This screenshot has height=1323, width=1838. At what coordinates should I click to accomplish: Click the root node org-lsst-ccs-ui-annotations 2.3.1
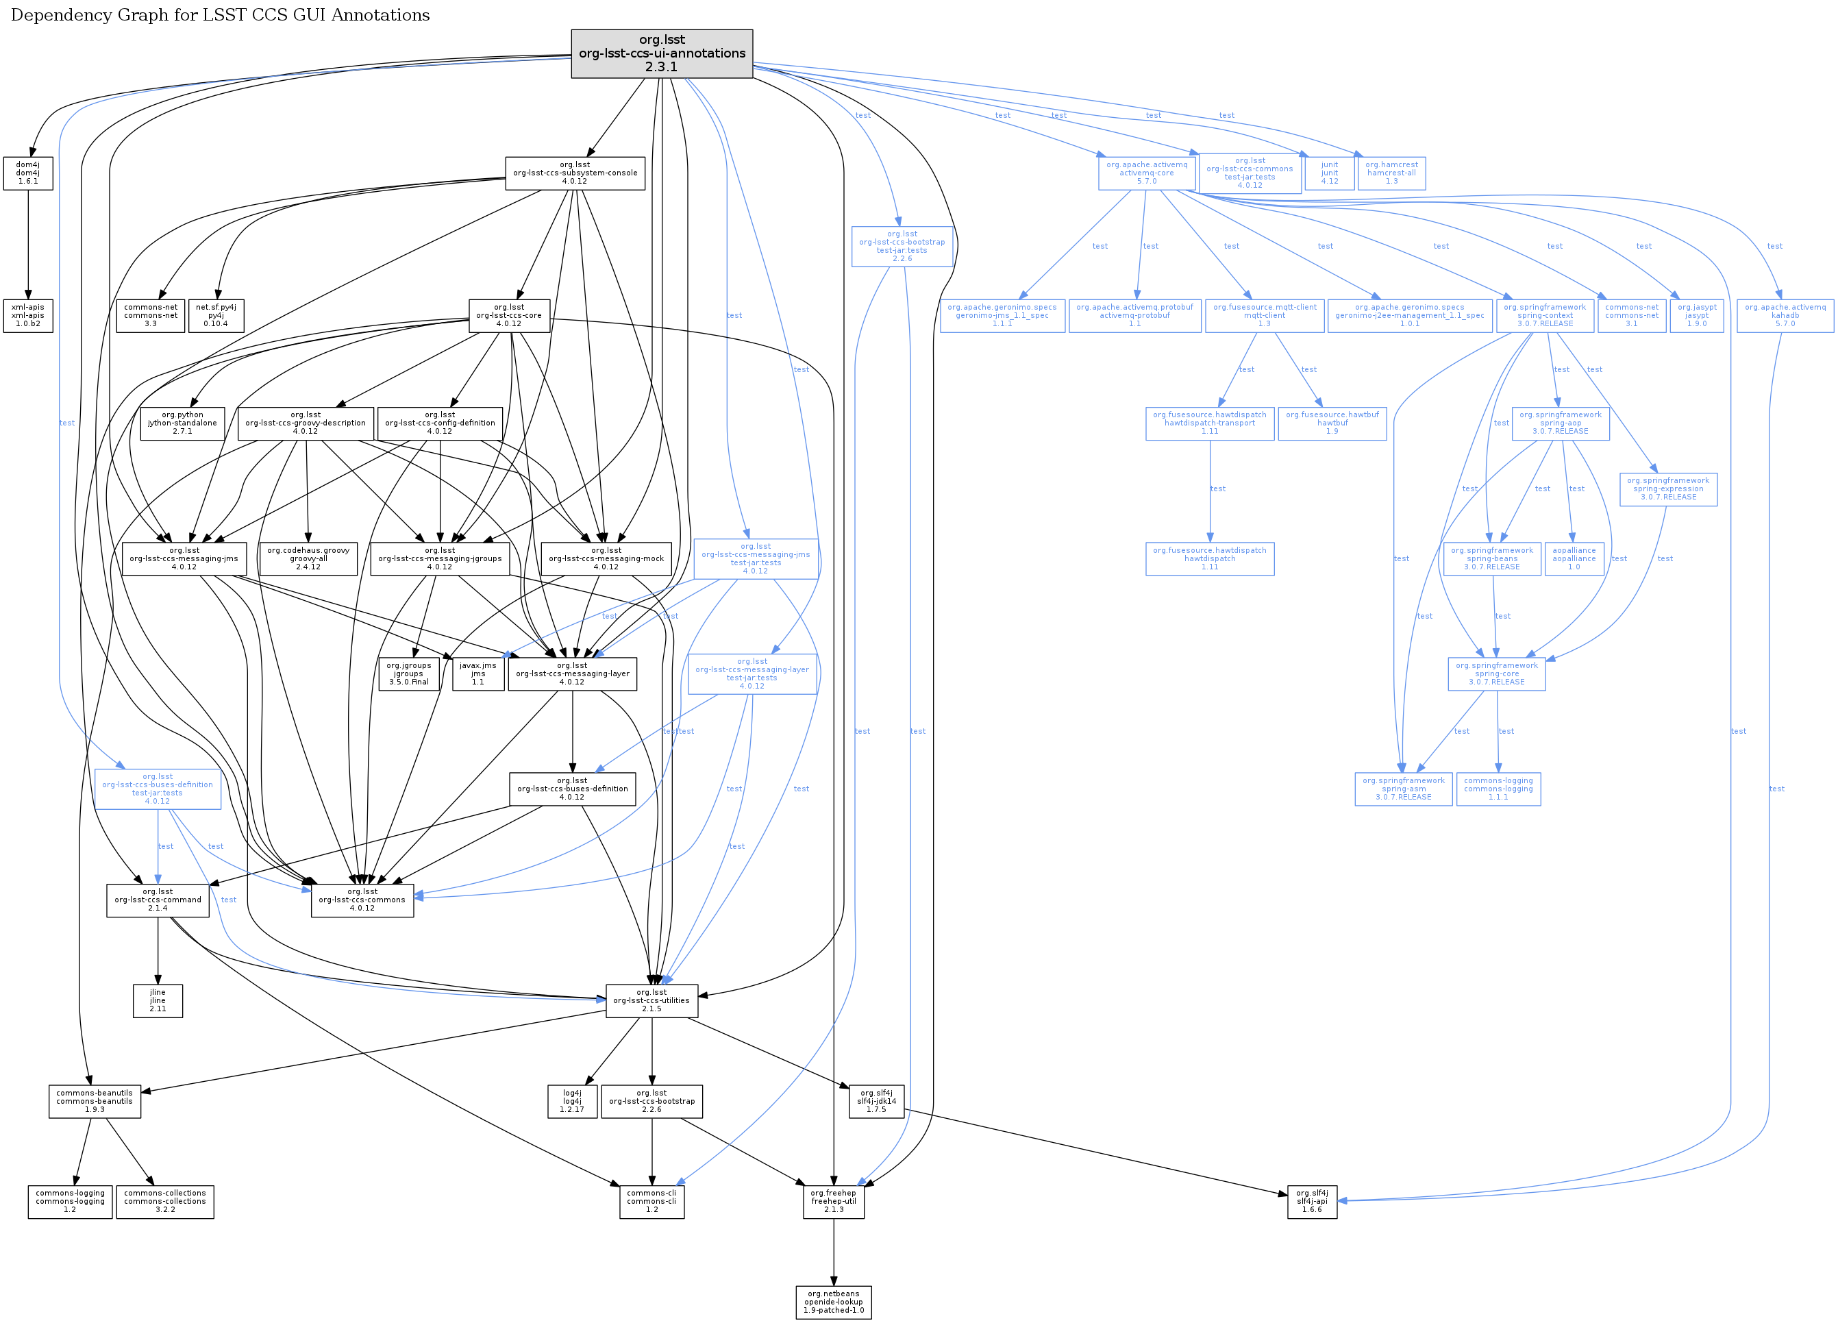click(x=661, y=53)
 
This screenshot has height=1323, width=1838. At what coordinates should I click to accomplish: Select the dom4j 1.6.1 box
click(x=27, y=173)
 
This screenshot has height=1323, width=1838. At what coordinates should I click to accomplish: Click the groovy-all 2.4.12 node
click(x=308, y=558)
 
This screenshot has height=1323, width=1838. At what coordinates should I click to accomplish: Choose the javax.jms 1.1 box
click(x=477, y=673)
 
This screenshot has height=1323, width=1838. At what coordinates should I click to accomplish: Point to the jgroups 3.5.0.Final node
click(x=408, y=673)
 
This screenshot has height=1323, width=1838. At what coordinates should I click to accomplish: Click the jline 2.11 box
click(x=157, y=1000)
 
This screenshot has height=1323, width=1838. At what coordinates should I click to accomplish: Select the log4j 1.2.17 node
click(x=572, y=1101)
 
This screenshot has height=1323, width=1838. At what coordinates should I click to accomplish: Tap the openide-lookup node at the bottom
click(x=833, y=1302)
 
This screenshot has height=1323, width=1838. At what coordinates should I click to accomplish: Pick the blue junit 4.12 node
click(x=1329, y=173)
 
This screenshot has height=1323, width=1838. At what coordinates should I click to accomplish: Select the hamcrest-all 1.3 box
click(x=1391, y=173)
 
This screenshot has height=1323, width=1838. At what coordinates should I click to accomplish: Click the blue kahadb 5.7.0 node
click(x=1785, y=316)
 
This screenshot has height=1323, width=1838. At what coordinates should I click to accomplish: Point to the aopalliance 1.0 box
click(x=1574, y=558)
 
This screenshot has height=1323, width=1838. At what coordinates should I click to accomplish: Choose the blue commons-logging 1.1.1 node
click(x=1498, y=789)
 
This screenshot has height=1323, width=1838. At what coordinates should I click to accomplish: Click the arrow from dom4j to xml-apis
click(x=28, y=243)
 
